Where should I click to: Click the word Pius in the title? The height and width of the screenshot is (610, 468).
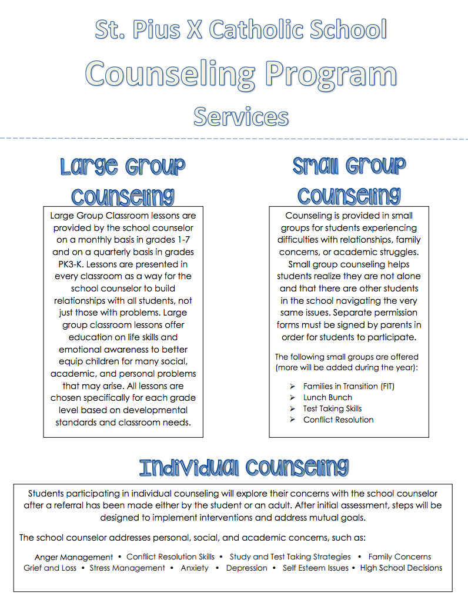(154, 30)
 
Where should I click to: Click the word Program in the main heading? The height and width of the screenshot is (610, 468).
(330, 75)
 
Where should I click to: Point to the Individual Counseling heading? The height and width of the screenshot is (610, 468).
(243, 468)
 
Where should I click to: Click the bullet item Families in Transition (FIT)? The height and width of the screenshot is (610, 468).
(349, 386)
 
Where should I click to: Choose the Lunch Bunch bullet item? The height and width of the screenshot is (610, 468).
(327, 397)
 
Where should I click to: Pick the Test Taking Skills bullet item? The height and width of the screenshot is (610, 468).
(332, 408)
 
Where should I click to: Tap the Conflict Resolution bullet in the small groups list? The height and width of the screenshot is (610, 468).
(338, 420)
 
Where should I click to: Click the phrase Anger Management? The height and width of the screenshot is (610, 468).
(73, 557)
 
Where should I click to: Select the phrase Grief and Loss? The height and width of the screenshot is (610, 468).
(50, 568)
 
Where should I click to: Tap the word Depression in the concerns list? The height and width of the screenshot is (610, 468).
(246, 568)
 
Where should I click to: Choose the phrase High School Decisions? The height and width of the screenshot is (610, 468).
(401, 568)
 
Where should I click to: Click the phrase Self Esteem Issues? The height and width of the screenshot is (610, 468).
(316, 568)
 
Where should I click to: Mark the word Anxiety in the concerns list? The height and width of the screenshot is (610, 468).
(195, 568)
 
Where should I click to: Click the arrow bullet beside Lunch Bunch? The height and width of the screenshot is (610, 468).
(292, 397)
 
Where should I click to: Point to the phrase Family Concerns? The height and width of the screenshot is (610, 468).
(400, 557)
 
